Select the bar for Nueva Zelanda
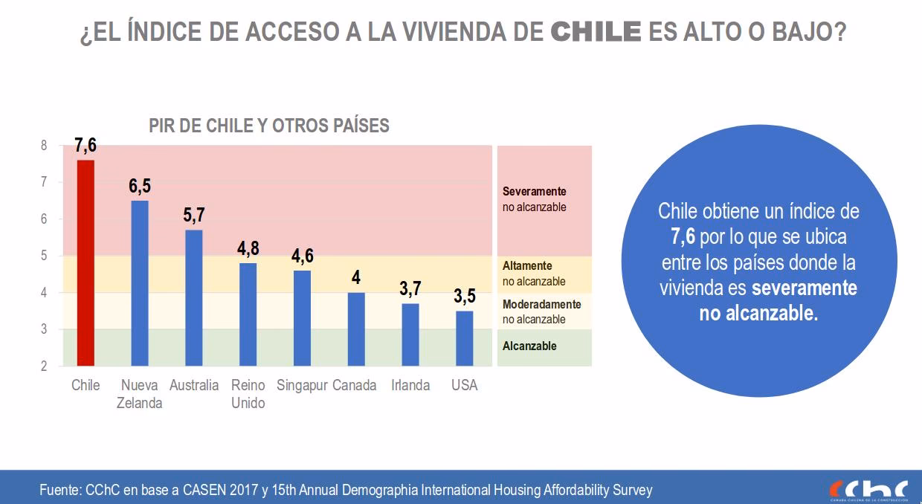click(x=140, y=282)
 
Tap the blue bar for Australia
click(x=194, y=297)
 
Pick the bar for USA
click(x=465, y=338)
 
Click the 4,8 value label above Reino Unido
click(x=248, y=249)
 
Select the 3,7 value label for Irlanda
click(x=410, y=289)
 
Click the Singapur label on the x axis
click(x=302, y=385)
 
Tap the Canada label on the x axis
click(x=355, y=385)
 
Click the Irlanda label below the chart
click(x=410, y=385)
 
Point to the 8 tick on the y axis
click(x=43, y=146)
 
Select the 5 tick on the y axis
click(x=43, y=256)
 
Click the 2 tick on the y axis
click(x=43, y=366)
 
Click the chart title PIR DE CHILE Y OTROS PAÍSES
click(x=269, y=126)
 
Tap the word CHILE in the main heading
click(x=596, y=33)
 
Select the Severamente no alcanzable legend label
click(x=534, y=199)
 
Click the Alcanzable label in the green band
click(x=529, y=346)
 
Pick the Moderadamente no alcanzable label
click(x=541, y=311)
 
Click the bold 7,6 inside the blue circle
click(x=683, y=236)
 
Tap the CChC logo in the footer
click(x=868, y=489)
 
